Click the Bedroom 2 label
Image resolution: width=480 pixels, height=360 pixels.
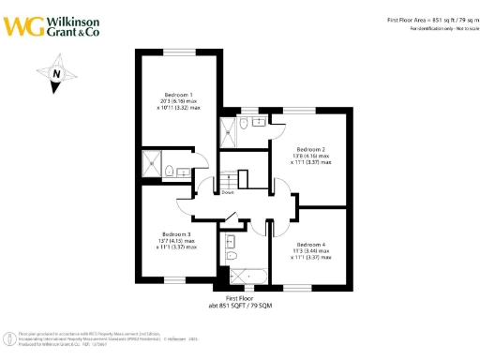tap(310, 149)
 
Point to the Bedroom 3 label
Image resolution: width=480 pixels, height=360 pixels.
tap(176, 233)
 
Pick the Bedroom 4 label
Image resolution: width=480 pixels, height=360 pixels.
tap(309, 244)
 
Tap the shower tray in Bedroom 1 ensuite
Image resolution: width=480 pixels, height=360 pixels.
tap(152, 166)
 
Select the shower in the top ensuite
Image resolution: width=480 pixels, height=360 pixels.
tap(230, 130)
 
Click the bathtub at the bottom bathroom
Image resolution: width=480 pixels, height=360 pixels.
tap(246, 275)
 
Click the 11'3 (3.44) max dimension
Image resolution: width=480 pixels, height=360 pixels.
tap(310, 250)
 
